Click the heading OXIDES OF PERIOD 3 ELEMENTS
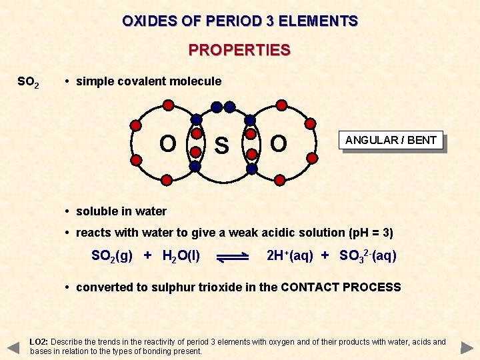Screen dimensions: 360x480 [240, 21]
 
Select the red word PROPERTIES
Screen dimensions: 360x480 [239, 51]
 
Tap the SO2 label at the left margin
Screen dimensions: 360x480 [28, 83]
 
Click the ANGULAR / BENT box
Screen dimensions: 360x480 [391, 140]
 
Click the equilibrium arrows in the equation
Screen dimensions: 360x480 [233, 256]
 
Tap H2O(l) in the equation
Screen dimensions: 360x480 [181, 255]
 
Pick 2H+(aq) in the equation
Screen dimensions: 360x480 [289, 255]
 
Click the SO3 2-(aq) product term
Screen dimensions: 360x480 [367, 255]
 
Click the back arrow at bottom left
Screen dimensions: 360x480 [13, 347]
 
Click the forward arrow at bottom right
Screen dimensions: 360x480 [467, 347]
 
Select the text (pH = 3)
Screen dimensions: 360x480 [371, 233]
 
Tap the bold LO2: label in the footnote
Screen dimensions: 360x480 [39, 342]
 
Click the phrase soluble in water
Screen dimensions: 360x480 [121, 211]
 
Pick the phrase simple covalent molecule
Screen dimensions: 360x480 [149, 81]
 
